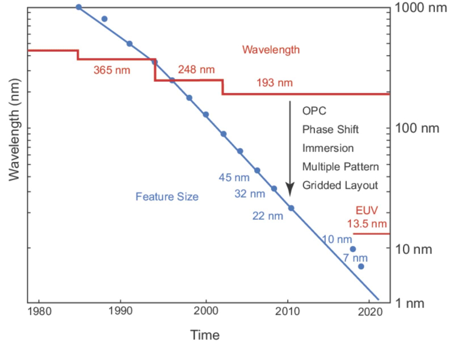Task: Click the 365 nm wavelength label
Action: (112, 70)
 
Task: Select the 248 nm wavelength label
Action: (196, 70)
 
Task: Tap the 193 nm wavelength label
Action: (275, 83)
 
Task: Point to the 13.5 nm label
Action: (367, 223)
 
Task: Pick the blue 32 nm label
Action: (250, 194)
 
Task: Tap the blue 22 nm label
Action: (267, 216)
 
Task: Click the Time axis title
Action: (205, 335)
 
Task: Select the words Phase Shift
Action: (330, 129)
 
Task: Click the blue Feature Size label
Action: (167, 198)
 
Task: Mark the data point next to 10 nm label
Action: (352, 249)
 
